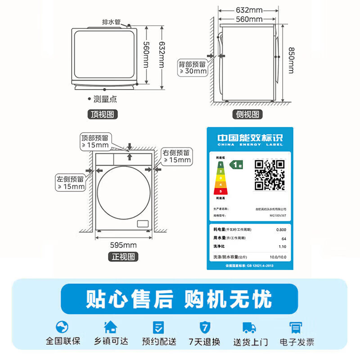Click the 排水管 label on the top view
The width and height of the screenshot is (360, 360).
tap(111, 22)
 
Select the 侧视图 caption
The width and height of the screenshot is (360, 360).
tap(248, 114)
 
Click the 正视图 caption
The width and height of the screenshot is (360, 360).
tap(123, 257)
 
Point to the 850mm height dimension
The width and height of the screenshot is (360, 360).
tap(292, 61)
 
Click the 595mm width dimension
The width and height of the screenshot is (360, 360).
tap(123, 245)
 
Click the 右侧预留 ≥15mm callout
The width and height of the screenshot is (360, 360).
tap(177, 156)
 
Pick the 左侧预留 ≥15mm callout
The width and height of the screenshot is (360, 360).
tap(70, 182)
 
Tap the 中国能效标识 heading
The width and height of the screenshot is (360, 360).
tap(249, 138)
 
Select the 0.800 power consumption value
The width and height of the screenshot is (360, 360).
tap(281, 230)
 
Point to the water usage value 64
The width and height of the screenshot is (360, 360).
tap(283, 238)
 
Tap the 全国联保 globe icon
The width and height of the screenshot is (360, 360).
tap(63, 327)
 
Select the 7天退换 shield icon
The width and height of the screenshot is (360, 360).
tap(204, 327)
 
